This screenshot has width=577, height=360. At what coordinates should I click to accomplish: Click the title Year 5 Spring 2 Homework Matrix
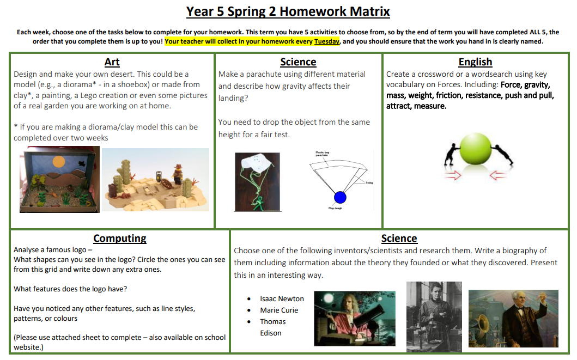pos(288,11)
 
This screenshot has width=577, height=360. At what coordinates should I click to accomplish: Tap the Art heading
pos(112,62)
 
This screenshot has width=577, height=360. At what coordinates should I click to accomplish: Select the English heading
pos(475,62)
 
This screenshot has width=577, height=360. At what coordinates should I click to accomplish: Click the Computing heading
pos(120,238)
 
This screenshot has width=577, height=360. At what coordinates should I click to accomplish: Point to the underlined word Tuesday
pos(327,41)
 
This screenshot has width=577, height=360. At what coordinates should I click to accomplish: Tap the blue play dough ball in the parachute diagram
pos(340,197)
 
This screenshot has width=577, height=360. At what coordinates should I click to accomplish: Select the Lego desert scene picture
pos(155,180)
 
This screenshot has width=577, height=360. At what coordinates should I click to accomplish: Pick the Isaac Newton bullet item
pos(282,298)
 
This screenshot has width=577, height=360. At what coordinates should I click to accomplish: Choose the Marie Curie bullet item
pos(279,310)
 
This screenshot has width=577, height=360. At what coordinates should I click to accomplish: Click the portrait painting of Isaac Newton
pos(355,318)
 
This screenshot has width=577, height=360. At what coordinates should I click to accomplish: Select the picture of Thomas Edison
pos(513,318)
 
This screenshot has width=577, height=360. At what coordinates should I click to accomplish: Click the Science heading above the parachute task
pos(298,62)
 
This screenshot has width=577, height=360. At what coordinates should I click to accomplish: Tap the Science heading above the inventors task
pos(399,238)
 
